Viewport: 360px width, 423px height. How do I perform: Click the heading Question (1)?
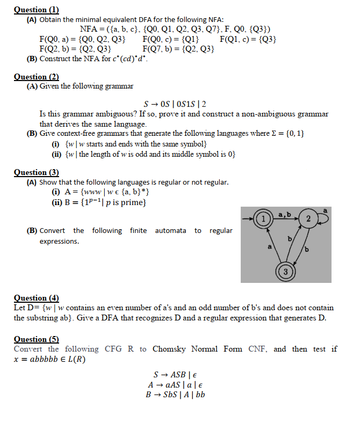36,10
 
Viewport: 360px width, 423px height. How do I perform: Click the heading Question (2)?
36,77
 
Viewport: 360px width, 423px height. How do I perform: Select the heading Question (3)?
36,172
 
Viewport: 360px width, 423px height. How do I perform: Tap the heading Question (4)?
36,298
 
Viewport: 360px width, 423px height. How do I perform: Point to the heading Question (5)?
36,339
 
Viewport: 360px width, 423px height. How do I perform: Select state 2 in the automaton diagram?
307,218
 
